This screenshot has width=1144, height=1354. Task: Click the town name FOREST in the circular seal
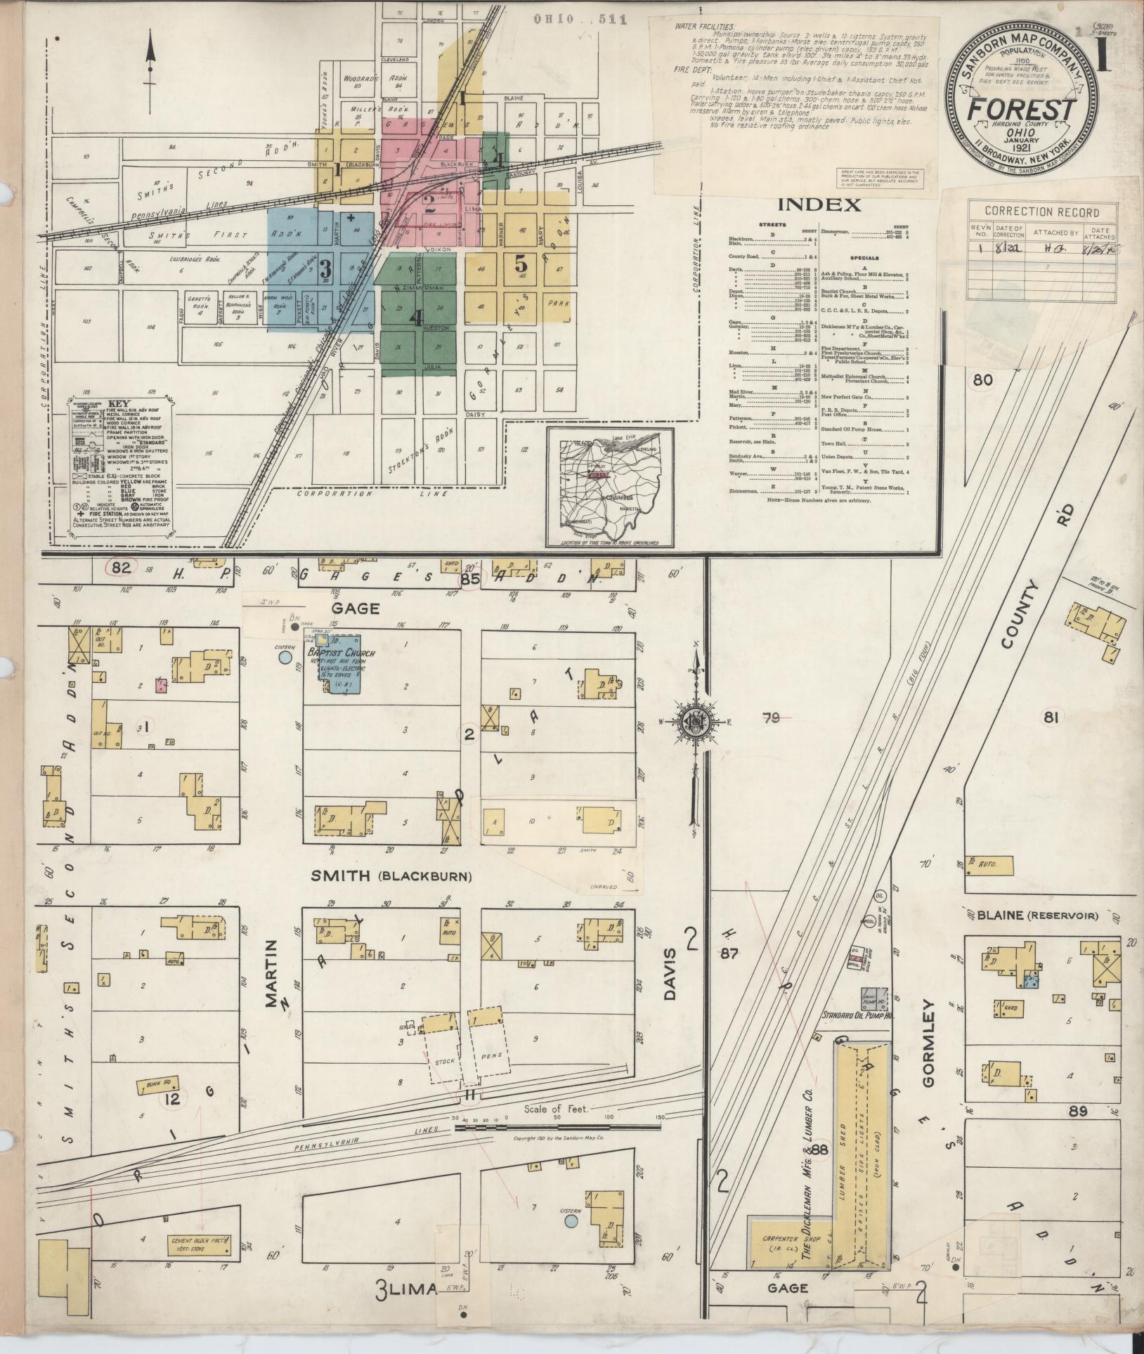pyautogui.click(x=1020, y=110)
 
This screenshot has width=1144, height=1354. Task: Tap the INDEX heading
pyautogui.click(x=819, y=205)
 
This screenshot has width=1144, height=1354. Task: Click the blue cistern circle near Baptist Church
pyautogui.click(x=285, y=658)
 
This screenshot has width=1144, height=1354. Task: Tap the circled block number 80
pyautogui.click(x=983, y=380)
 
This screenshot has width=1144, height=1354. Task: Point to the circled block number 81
pyautogui.click(x=1051, y=717)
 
